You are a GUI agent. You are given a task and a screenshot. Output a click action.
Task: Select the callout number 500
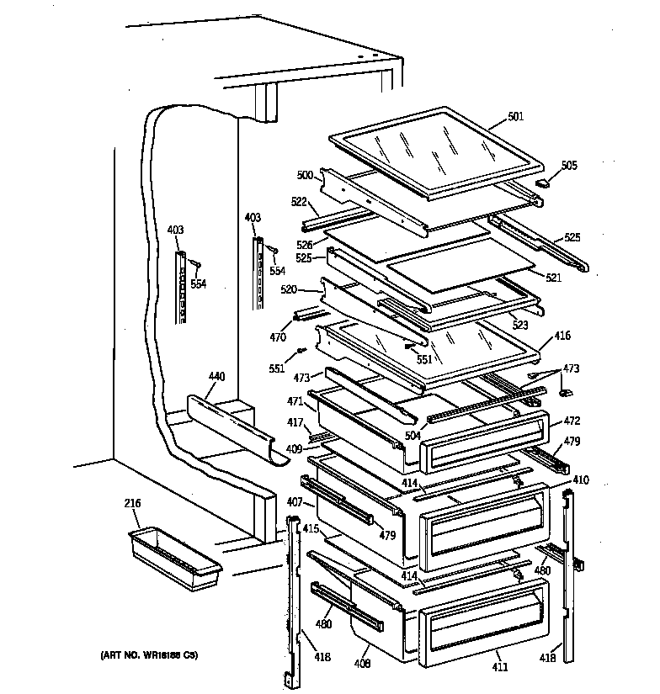pos(305,175)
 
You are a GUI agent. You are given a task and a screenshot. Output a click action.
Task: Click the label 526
pos(305,244)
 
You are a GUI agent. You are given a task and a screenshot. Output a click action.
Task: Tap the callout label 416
pos(562,336)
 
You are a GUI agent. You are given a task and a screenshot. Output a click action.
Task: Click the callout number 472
pos(572,420)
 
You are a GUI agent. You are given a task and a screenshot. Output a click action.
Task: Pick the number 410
pos(580,479)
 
